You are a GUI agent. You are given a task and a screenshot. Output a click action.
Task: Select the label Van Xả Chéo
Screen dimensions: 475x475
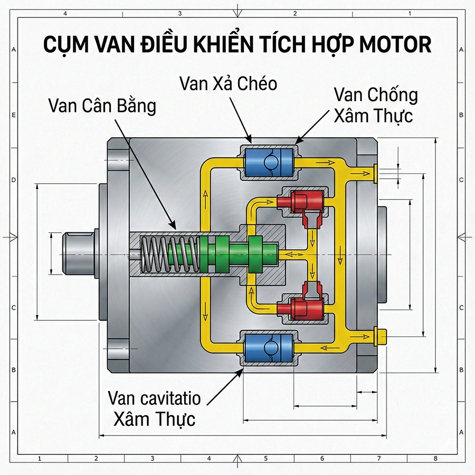pyautogui.click(x=228, y=83)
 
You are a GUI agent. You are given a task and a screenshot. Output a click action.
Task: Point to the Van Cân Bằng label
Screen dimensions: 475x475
pyautogui.click(x=102, y=106)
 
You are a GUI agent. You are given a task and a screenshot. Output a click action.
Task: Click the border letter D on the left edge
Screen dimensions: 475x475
pyautogui.click(x=13, y=180)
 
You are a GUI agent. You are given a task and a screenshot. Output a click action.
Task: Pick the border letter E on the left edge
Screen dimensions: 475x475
pyautogui.click(x=13, y=115)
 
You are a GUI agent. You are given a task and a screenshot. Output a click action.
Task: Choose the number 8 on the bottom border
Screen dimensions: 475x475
pyautogui.click(x=435, y=458)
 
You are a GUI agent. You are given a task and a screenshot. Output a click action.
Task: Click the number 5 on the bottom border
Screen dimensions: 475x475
pyautogui.click(x=265, y=458)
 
